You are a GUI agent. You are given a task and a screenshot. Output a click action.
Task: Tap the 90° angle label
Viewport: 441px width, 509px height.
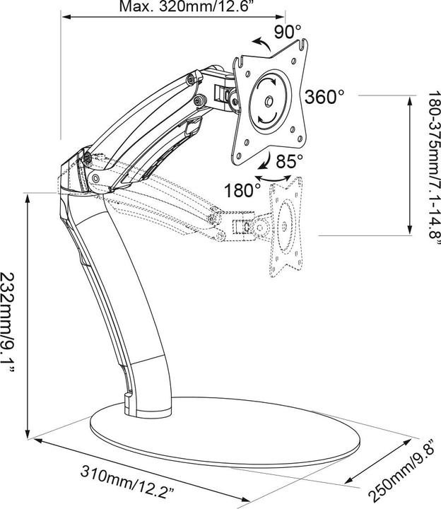(x=288, y=31)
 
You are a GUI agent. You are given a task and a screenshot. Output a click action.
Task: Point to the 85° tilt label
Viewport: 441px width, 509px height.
(x=289, y=160)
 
